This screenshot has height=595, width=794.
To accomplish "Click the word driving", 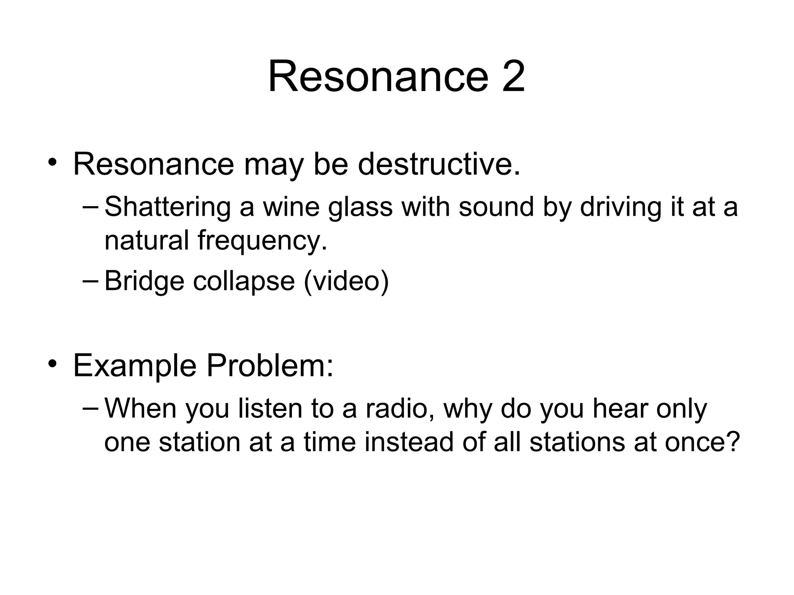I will tap(621, 207).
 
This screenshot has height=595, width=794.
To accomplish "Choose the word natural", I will tap(147, 240).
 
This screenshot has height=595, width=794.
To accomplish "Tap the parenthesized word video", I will tap(346, 281).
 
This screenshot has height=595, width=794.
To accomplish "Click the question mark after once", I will tap(732, 442).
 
